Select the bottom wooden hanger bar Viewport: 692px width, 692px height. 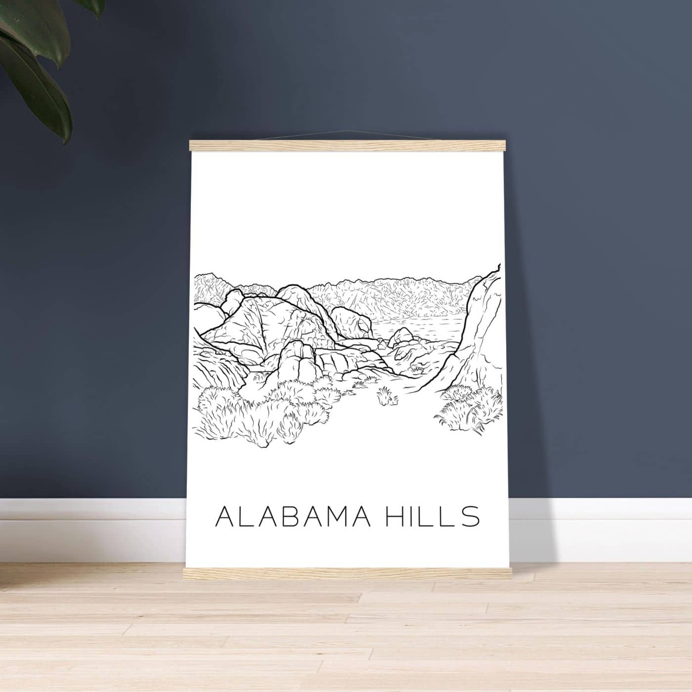coord(346,573)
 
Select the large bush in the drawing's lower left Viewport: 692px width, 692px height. coord(247,415)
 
